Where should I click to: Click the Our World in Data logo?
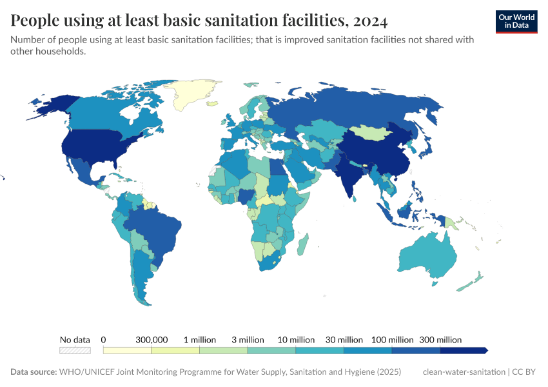click(x=516, y=21)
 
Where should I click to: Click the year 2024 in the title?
click(x=370, y=21)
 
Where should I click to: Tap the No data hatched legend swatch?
click(x=75, y=350)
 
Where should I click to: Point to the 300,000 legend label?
click(x=152, y=339)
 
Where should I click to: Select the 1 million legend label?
click(x=200, y=339)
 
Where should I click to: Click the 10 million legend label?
click(x=297, y=339)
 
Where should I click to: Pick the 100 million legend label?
click(x=392, y=339)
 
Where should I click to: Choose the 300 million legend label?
click(x=440, y=339)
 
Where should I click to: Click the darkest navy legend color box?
click(x=463, y=350)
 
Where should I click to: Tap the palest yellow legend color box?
click(x=127, y=350)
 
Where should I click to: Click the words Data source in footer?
click(x=33, y=372)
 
